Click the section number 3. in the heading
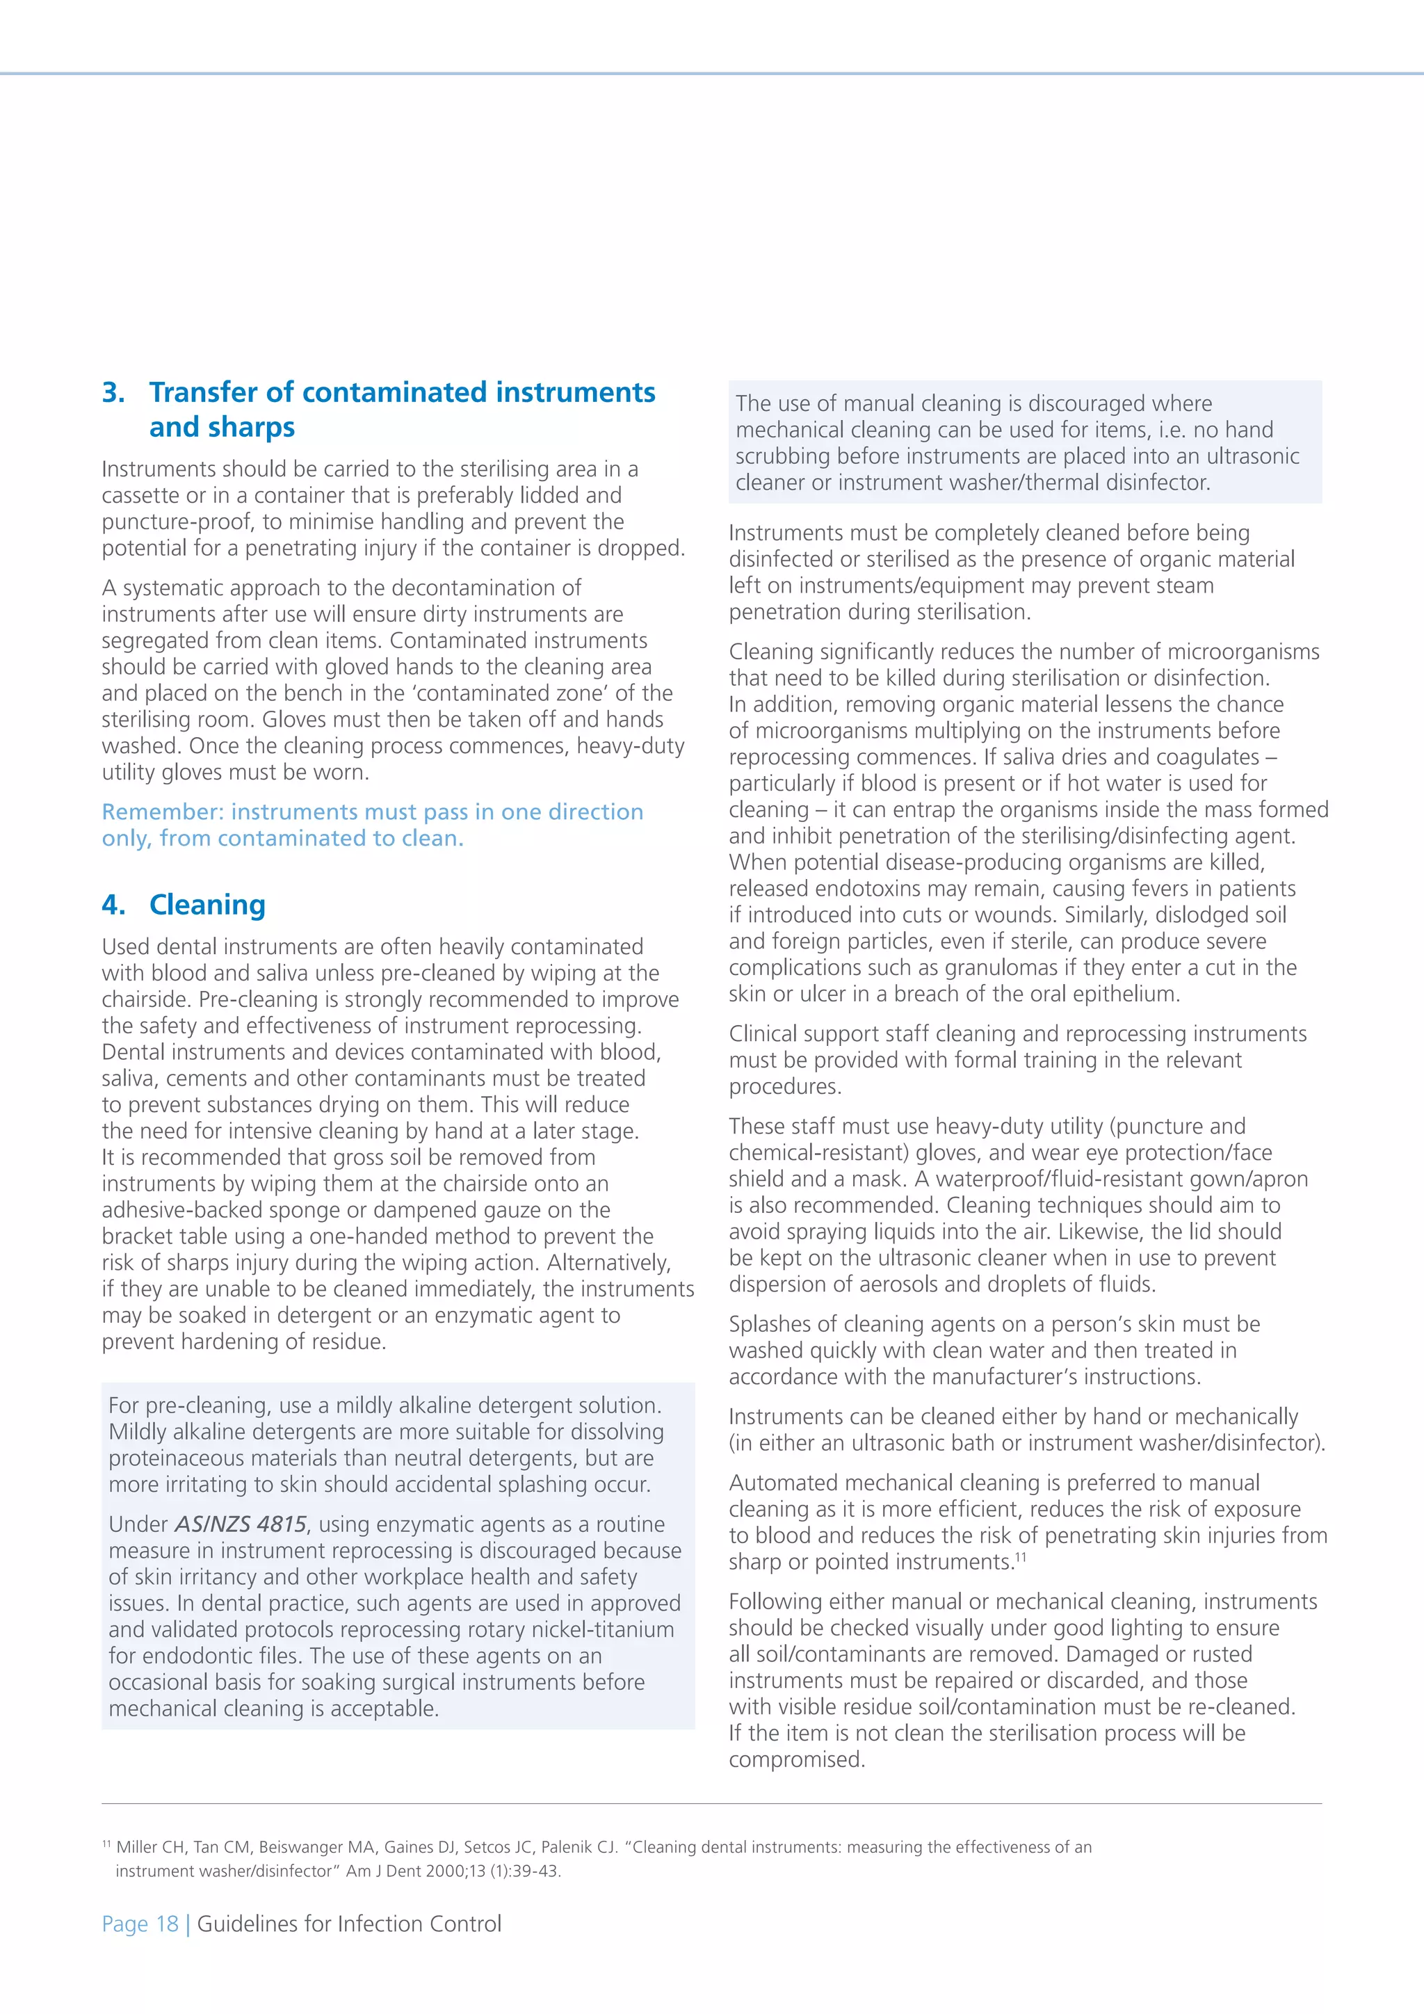click(113, 392)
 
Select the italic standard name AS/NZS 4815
click(241, 1524)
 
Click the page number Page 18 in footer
click(140, 1924)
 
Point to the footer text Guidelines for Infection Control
click(349, 1924)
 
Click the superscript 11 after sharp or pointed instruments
click(1020, 1558)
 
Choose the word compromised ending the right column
click(796, 1759)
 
